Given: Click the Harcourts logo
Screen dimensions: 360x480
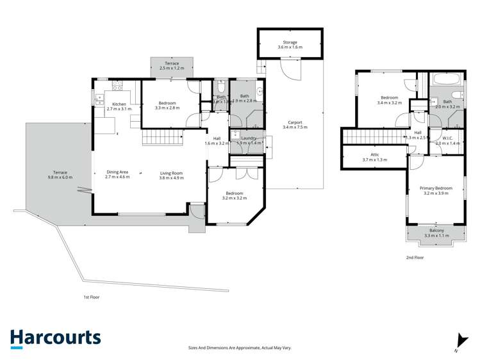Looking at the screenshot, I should coord(55,338).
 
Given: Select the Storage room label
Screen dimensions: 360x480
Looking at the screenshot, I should coord(290,42).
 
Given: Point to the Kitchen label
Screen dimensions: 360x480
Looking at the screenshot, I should coord(119,104).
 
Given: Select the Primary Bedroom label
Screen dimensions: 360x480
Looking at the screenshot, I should coord(436,188).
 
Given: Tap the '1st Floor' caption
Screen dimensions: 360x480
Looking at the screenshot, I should coord(92,297).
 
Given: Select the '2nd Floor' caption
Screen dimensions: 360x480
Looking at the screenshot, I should coord(415,258).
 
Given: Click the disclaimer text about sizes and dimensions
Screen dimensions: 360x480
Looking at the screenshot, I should coord(240,347).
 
